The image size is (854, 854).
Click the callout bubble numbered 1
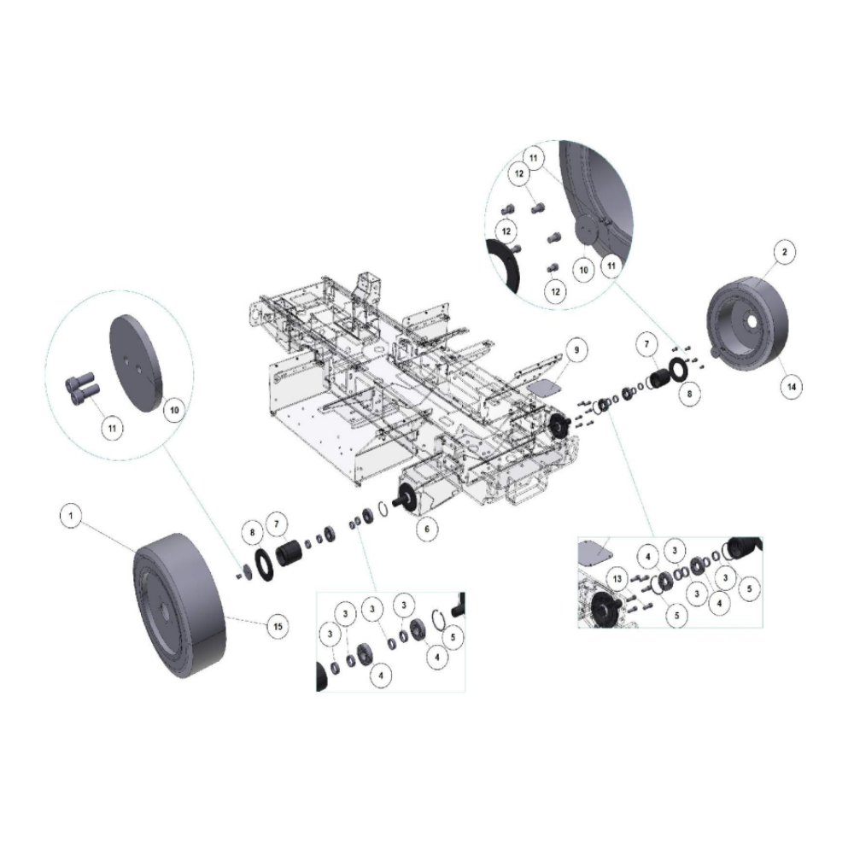(70, 515)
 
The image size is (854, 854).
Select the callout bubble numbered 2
(784, 252)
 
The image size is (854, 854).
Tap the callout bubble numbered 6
(427, 529)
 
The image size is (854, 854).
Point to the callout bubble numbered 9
(576, 349)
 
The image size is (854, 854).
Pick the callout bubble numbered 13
(617, 578)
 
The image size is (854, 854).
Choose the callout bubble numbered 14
(792, 387)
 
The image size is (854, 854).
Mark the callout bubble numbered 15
(278, 627)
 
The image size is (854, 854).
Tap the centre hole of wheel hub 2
(752, 322)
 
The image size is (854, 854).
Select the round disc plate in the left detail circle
(136, 363)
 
